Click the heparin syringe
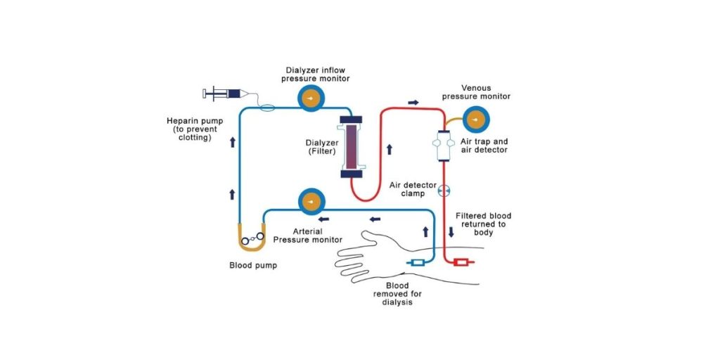[x=224, y=93]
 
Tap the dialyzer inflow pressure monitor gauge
[x=310, y=100]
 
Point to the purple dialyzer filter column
[x=352, y=146]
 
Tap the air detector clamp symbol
[x=443, y=191]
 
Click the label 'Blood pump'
[x=253, y=266]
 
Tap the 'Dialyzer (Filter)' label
[x=314, y=146]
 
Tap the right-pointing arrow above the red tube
[x=413, y=102]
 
